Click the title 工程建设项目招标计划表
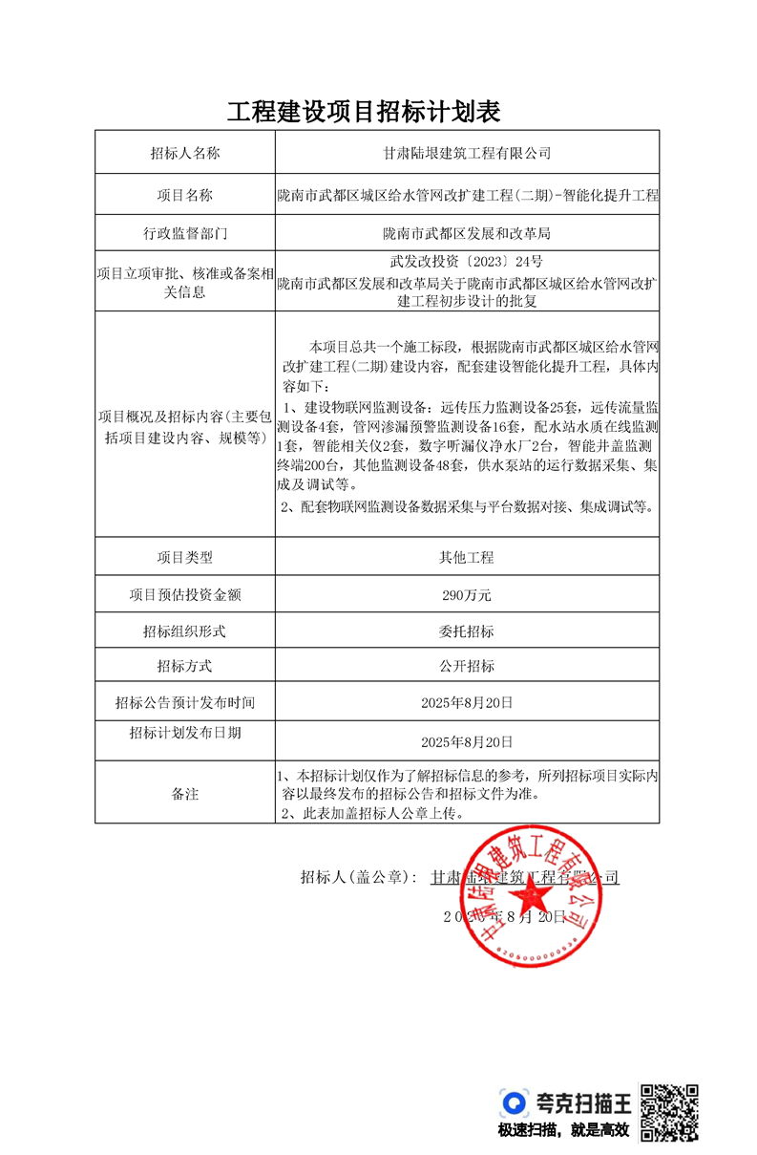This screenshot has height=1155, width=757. tap(364, 111)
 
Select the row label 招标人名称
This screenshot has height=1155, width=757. tap(185, 153)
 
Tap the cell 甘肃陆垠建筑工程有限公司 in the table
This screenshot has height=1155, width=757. tap(467, 153)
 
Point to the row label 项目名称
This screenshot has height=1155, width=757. tap(185, 196)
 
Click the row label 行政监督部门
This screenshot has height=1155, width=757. tap(185, 233)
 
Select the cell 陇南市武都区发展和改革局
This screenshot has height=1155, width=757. tap(467, 233)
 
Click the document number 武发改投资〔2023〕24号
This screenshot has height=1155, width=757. tap(467, 261)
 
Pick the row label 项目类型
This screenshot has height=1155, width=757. tap(185, 557)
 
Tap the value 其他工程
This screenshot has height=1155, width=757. tap(467, 557)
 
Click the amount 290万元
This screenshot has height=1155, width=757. tap(467, 595)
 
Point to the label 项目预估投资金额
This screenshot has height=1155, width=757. tap(185, 595)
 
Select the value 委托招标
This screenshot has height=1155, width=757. tap(467, 631)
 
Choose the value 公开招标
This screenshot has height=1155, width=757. tap(467, 666)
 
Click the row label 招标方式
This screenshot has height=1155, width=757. tap(185, 666)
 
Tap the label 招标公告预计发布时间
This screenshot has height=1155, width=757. tap(185, 703)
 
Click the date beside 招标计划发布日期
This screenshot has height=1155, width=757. tap(467, 741)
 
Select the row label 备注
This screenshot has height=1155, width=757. tap(185, 793)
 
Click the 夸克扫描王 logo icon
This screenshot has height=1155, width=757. tap(515, 1103)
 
